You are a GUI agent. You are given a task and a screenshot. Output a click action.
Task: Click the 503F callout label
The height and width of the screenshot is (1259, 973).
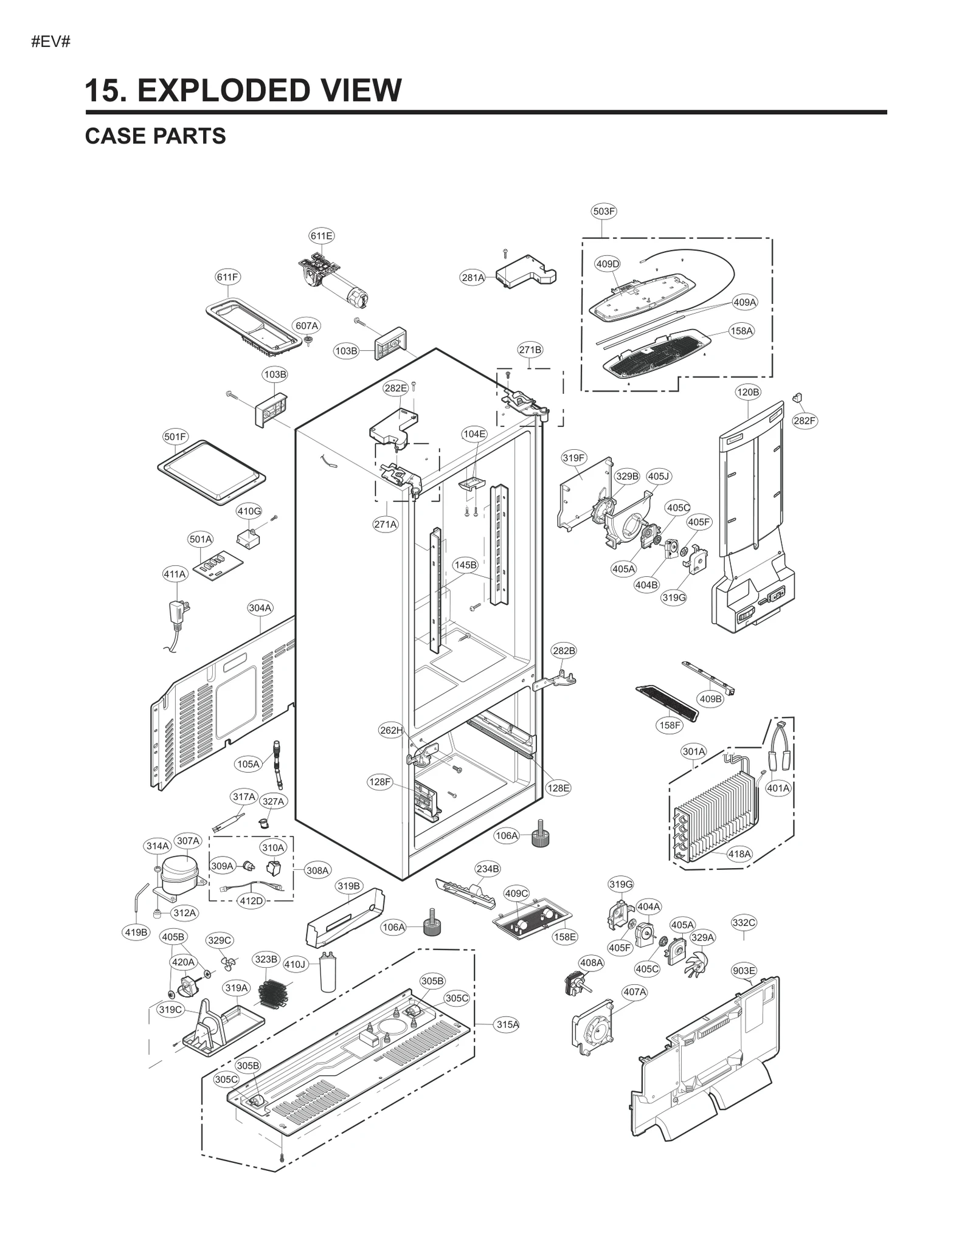603,212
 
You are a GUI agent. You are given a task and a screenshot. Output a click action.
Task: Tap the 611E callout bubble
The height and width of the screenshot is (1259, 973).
321,236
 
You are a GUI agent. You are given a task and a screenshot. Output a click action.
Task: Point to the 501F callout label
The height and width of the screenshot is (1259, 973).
175,436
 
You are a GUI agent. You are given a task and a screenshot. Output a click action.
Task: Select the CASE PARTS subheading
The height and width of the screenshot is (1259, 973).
155,136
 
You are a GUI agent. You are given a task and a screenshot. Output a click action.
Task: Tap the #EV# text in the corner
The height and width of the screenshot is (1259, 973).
51,42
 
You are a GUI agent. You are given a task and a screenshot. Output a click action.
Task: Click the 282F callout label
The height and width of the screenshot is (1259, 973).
804,421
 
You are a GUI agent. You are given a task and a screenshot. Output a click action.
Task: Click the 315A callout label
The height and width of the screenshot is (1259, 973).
507,1024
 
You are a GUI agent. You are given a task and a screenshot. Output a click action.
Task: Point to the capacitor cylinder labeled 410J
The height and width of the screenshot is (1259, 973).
328,973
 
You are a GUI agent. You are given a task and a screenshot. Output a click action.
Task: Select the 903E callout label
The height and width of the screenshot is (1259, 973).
744,970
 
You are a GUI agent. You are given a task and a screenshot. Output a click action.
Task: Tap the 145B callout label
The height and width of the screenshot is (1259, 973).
465,565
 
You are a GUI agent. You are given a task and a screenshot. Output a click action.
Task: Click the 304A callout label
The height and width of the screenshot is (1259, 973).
260,607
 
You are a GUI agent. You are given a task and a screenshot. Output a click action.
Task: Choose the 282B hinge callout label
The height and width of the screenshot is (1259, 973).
563,650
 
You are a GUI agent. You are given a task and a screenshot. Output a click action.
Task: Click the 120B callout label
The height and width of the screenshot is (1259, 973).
747,392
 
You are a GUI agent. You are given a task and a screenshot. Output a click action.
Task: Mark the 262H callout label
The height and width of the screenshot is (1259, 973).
391,730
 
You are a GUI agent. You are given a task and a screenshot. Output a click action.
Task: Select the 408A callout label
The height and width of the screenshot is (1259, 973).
591,962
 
